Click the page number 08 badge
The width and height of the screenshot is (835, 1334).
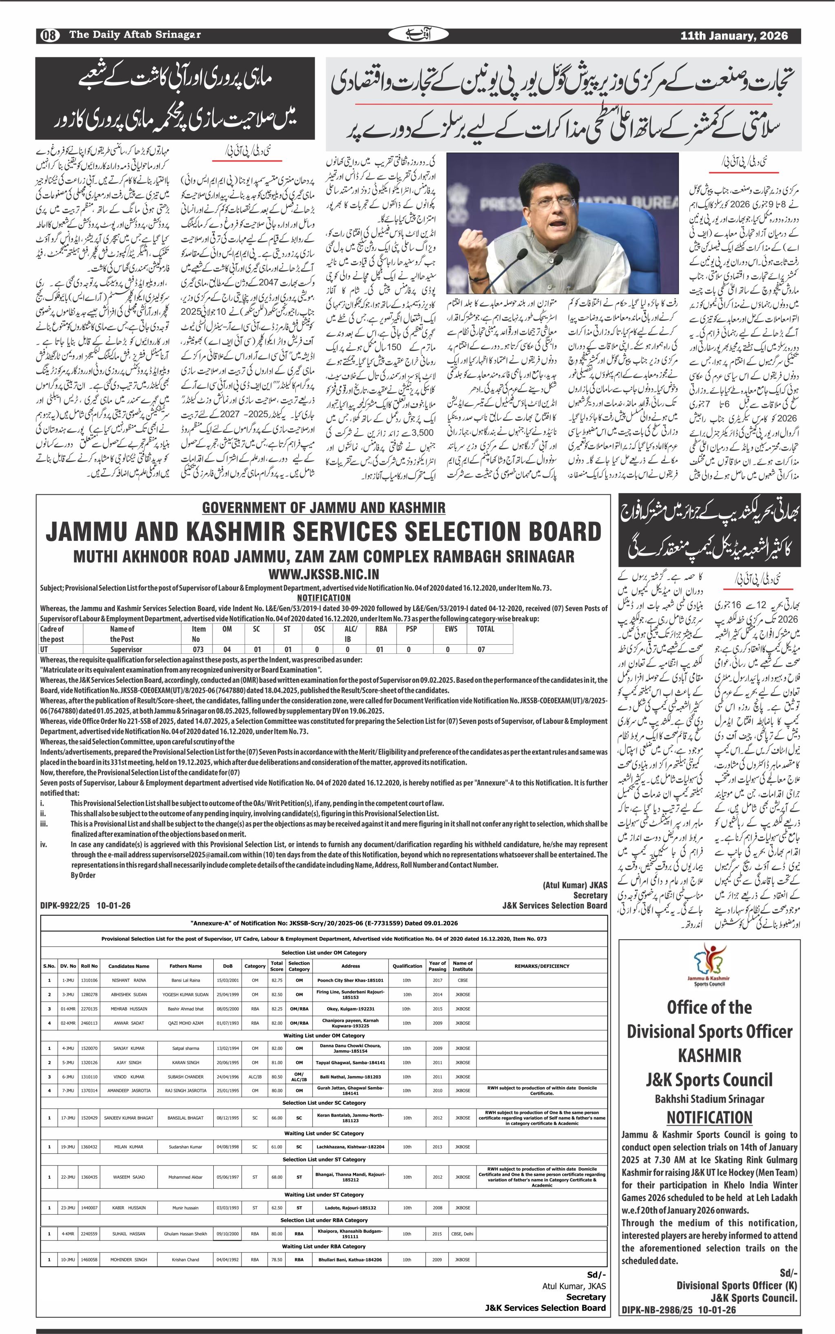(49, 35)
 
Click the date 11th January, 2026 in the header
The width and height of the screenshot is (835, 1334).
(733, 36)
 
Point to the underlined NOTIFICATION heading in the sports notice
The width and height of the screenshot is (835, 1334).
(709, 1117)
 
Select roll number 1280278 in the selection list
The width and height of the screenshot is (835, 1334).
(89, 994)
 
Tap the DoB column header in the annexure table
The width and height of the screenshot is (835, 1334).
(228, 966)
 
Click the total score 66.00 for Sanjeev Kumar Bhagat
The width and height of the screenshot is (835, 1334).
(277, 1117)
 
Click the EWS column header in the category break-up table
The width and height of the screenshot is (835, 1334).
(451, 629)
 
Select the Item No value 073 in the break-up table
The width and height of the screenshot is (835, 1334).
(198, 649)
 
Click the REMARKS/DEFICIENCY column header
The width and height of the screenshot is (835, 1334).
(541, 966)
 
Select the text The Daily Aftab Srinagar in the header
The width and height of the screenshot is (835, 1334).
(135, 35)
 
